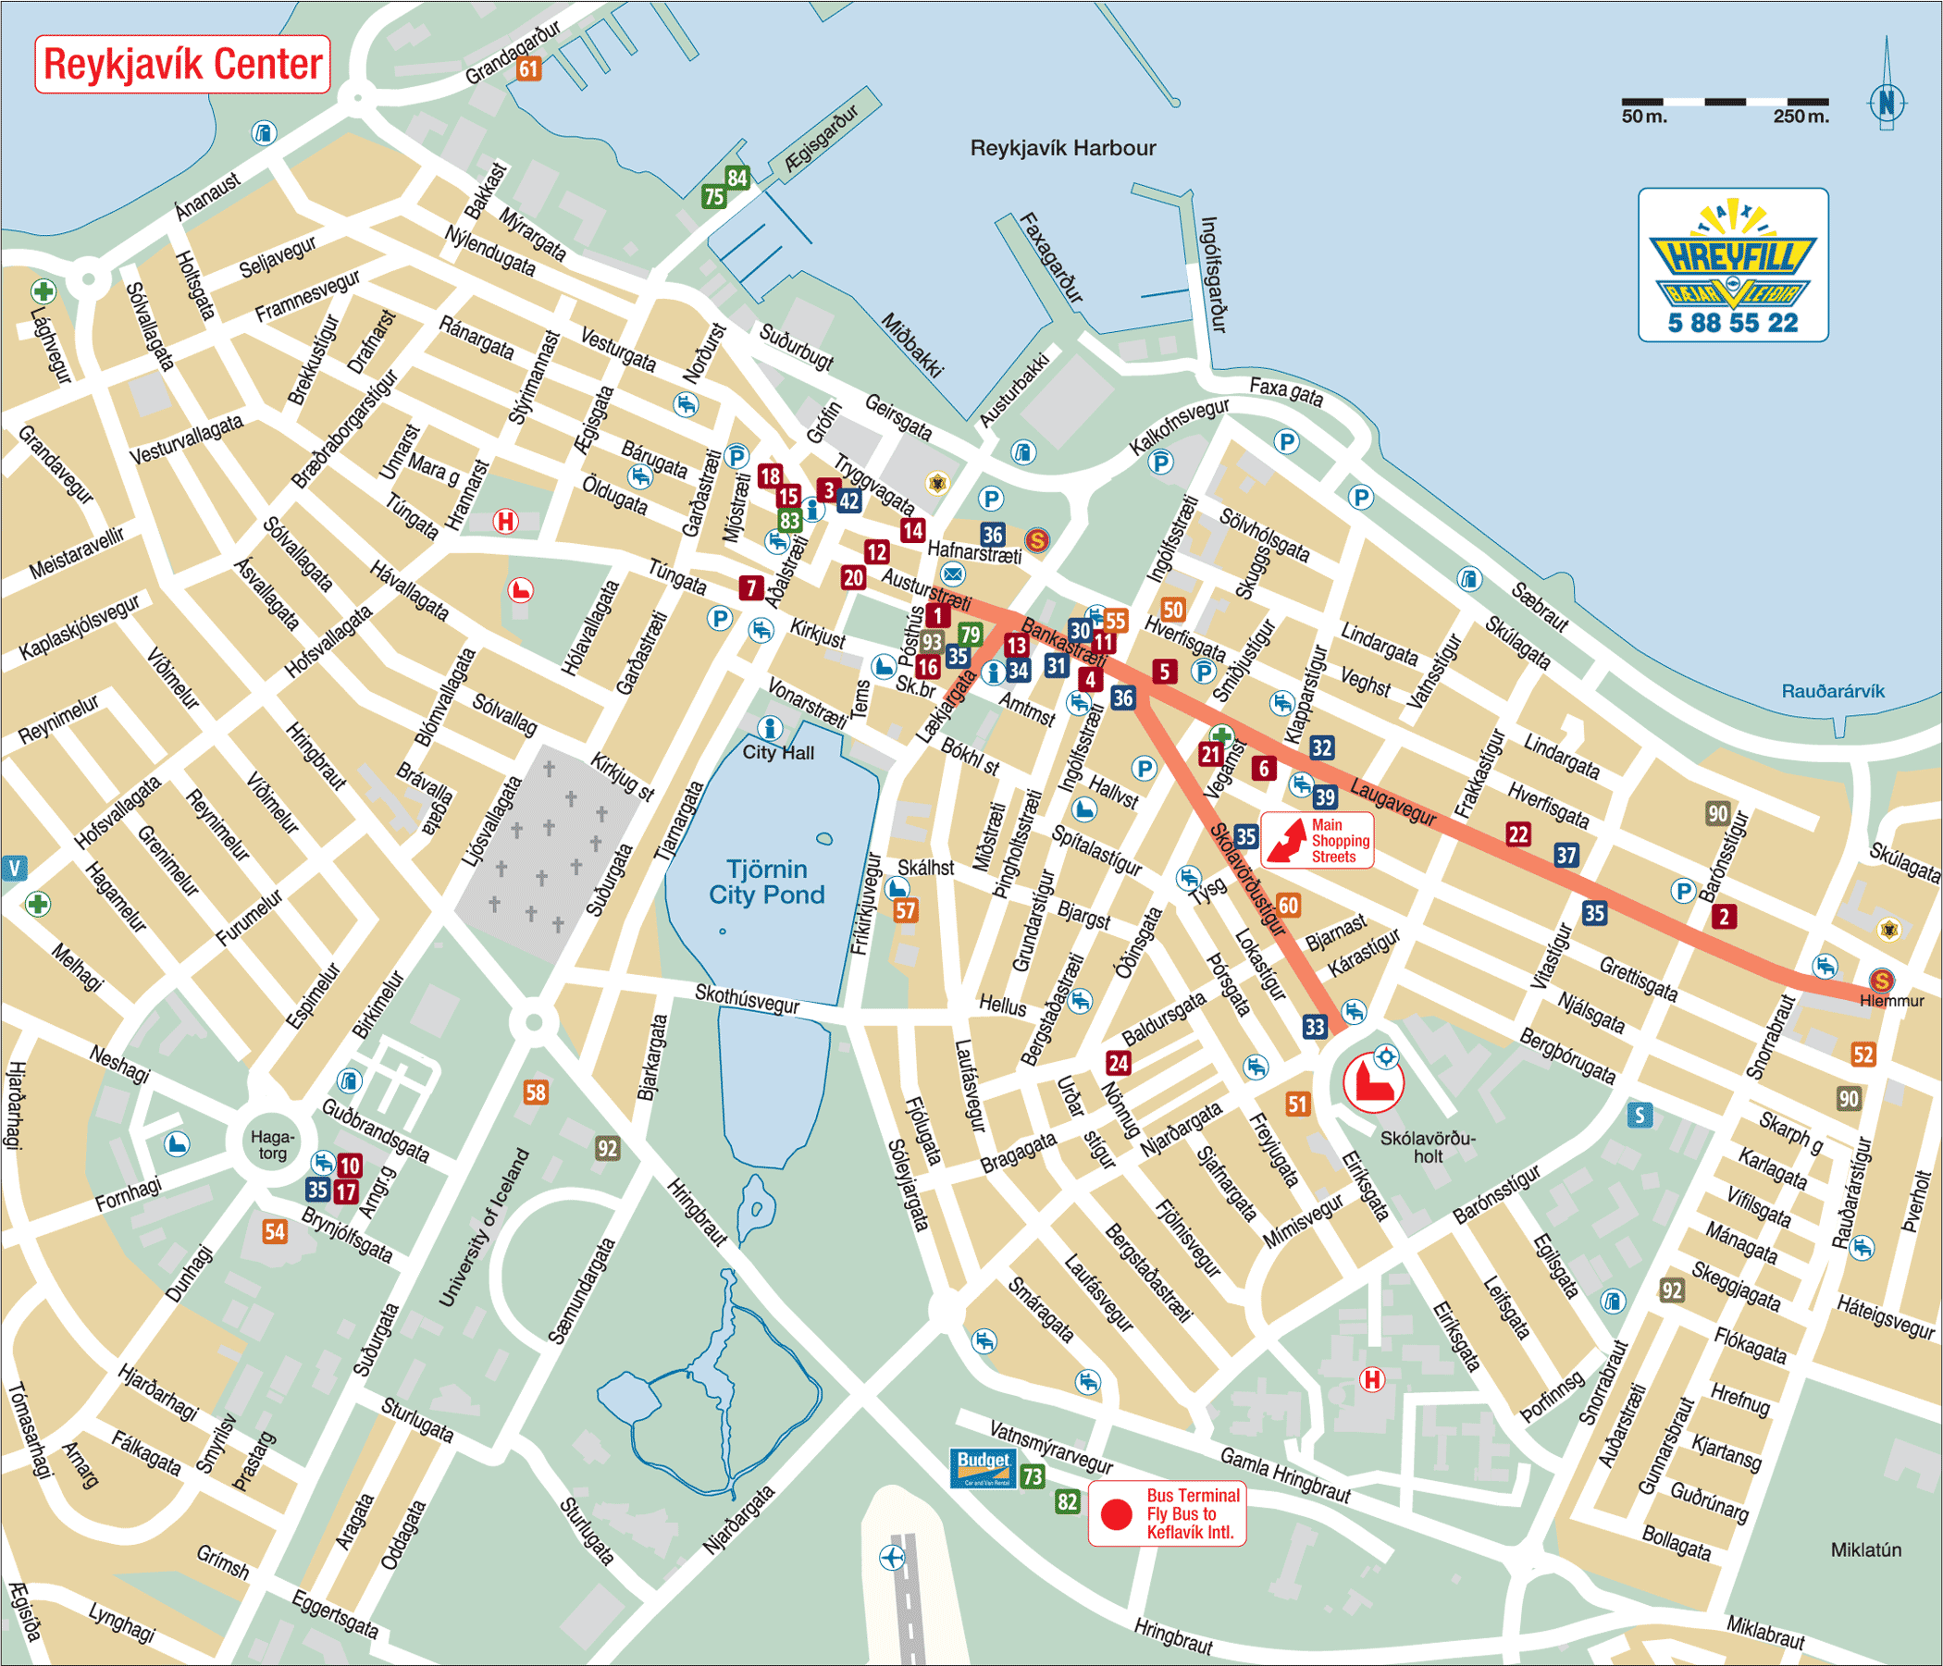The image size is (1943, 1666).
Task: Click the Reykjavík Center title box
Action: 183,64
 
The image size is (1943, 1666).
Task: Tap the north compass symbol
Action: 1887,101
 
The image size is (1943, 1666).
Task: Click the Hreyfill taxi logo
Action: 1733,265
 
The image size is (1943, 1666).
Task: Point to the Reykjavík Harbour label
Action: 1062,148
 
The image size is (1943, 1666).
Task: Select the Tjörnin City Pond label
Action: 766,882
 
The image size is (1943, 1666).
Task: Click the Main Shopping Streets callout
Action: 1317,841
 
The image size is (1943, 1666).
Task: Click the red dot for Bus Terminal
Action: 1116,1514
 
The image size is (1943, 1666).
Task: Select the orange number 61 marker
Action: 529,68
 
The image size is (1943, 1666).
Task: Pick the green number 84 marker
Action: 737,178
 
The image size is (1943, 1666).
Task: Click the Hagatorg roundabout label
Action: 272,1144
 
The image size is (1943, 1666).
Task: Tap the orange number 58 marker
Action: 536,1092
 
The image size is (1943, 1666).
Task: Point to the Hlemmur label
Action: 1891,1001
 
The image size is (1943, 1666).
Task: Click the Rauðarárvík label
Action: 1832,691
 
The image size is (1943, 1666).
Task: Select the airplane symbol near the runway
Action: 892,1557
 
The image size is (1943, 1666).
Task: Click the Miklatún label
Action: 1865,1550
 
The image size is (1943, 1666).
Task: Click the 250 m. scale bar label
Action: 1801,117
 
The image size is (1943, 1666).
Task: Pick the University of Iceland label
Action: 484,1228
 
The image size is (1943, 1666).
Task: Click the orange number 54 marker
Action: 274,1231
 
